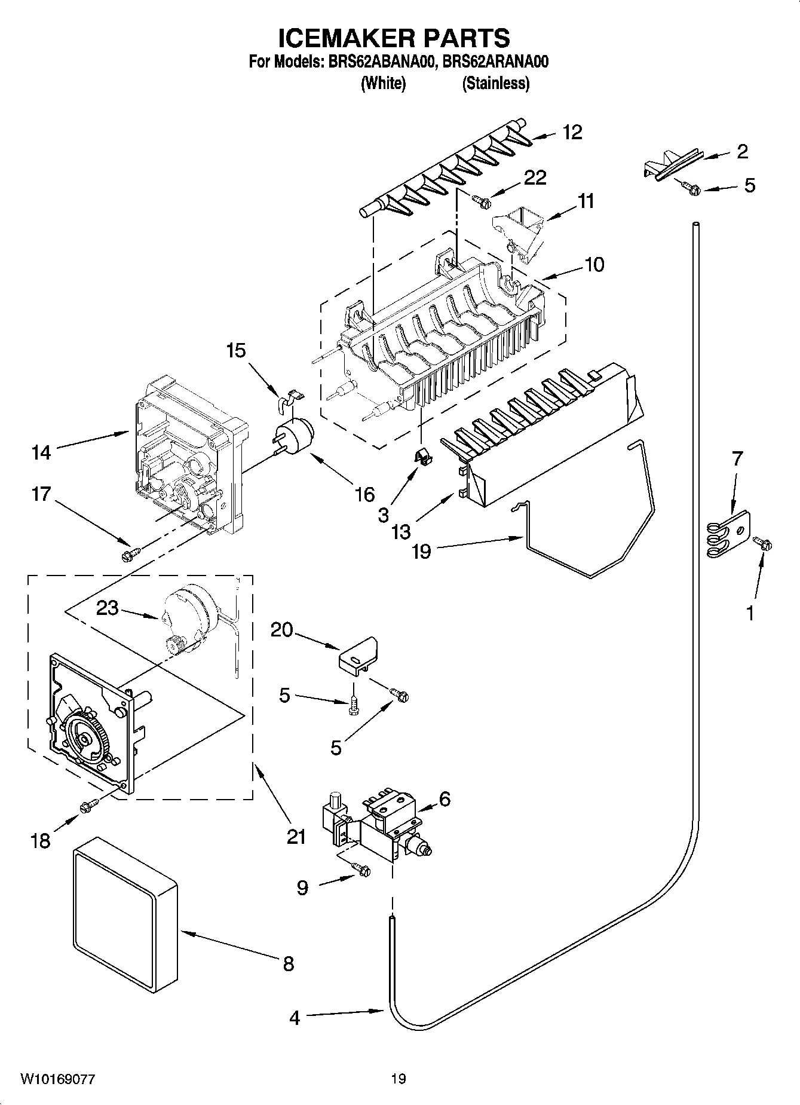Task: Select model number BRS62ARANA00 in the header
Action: click(x=496, y=62)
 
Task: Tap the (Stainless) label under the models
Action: click(x=495, y=83)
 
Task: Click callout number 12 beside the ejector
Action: click(x=572, y=132)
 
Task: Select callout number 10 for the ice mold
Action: click(x=594, y=264)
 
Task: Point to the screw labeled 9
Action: click(x=362, y=870)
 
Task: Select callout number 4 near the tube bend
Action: click(x=295, y=1018)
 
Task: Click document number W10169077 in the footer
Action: click(x=57, y=1079)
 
